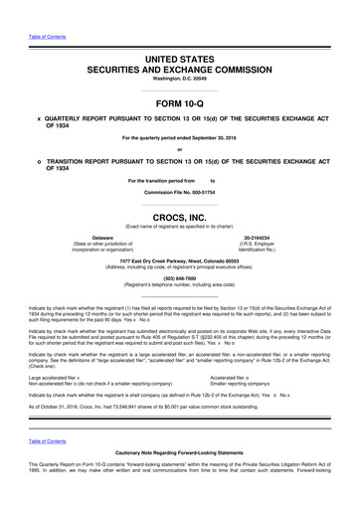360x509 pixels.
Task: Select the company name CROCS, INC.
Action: point(180,215)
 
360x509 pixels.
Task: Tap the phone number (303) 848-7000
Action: point(180,278)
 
